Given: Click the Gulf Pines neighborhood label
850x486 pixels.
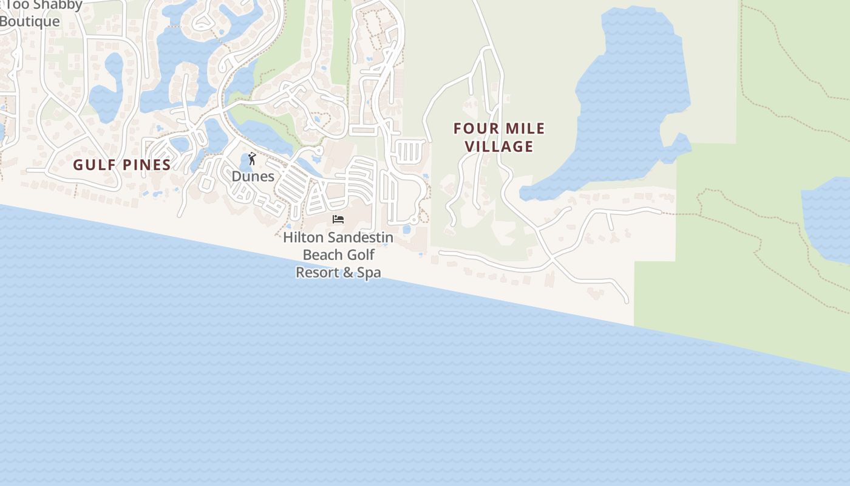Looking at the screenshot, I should pos(122,165).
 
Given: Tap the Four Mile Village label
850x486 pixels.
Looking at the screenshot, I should pos(499,137).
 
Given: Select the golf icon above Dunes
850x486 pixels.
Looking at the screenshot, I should pos(252,159).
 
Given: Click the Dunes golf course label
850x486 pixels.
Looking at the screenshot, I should pos(253,176).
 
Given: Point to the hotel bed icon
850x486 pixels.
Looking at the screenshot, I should pos(338,219).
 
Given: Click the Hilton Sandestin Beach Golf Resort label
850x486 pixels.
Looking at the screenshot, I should pos(338,255).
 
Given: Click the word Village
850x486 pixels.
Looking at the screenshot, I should pos(500,146).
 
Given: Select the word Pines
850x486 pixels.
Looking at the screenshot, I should pos(147,165).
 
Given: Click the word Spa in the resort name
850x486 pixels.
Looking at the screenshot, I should pos(369,272).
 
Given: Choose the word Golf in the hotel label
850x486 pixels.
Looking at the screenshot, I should pos(361,255).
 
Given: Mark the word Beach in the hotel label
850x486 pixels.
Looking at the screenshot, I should pos(322,255).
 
